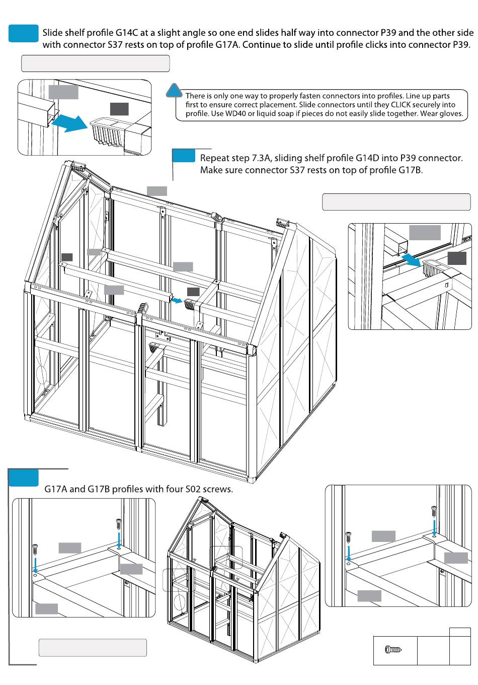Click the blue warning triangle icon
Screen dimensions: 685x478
[174, 90]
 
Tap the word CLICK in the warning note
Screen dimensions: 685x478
[402, 105]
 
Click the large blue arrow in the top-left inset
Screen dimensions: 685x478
[69, 122]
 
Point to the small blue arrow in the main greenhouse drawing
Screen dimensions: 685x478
[177, 300]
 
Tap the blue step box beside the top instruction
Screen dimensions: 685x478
[24, 33]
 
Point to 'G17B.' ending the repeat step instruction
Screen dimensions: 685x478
[411, 170]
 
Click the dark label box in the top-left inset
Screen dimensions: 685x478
[119, 109]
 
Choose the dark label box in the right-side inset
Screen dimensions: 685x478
[457, 258]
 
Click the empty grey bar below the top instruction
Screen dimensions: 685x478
[96, 64]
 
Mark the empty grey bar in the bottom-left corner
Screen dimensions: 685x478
[93, 648]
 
